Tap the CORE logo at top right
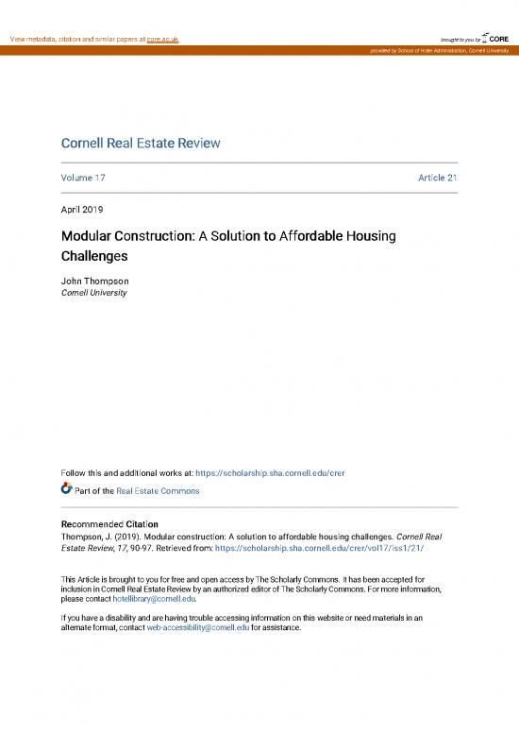click(x=497, y=38)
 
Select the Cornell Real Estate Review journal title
click(x=141, y=144)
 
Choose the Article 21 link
click(x=438, y=178)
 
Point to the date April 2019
click(x=82, y=209)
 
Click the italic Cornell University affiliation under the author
click(x=93, y=293)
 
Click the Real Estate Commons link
click(x=159, y=491)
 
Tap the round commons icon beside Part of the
click(x=66, y=489)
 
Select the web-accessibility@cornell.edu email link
click(x=198, y=626)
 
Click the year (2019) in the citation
click(x=128, y=536)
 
